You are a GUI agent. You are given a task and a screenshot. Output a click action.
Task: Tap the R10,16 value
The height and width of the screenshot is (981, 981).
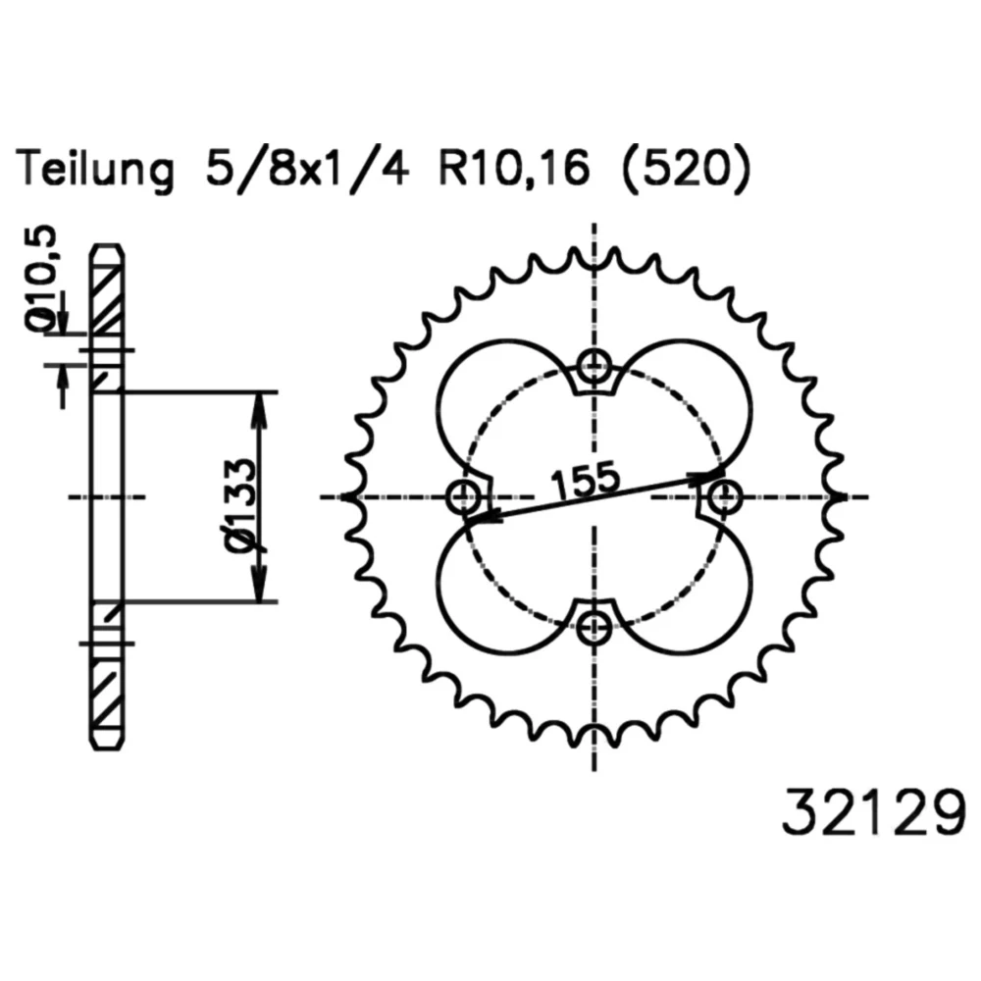coord(514,169)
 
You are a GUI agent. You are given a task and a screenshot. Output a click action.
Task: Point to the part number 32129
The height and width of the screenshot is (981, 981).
coord(874,811)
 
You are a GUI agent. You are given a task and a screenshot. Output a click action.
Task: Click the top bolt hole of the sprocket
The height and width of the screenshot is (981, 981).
coord(594,367)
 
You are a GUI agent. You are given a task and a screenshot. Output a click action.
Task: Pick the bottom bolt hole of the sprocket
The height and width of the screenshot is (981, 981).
coord(594,628)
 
